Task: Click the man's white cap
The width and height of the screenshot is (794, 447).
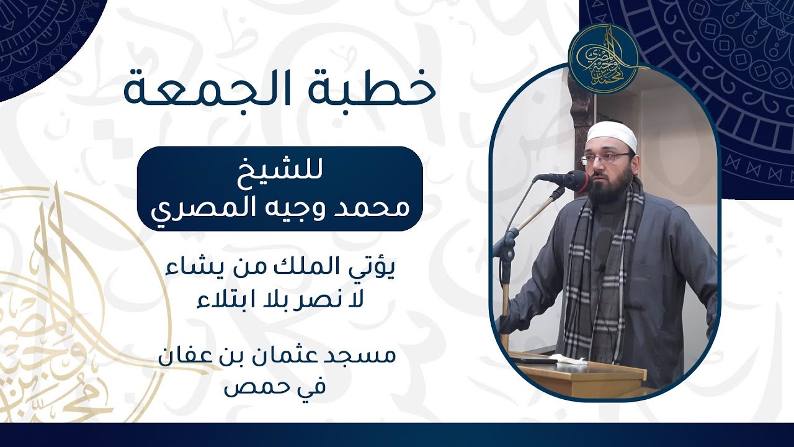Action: click(612, 134)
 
